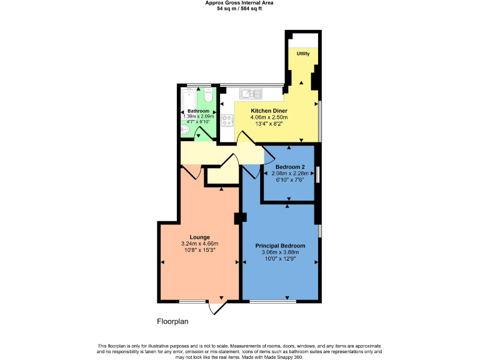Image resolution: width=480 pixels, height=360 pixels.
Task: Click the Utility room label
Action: coord(303,54)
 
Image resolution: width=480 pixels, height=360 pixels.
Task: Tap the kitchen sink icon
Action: coord(251,94)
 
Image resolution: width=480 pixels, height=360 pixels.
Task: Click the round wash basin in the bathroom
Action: coord(186,129)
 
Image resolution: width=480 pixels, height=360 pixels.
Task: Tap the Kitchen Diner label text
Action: coord(269,111)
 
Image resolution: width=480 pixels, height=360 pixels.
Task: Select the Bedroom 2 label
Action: coord(290,167)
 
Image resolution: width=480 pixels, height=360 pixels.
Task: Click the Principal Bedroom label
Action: coord(280,246)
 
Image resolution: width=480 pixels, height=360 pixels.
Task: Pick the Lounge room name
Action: coord(200,237)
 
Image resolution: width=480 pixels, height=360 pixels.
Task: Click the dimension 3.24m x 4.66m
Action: coord(200,243)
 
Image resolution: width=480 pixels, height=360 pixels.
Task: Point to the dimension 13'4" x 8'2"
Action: coord(269,123)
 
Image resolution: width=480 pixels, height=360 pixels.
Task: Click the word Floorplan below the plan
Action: coord(172,321)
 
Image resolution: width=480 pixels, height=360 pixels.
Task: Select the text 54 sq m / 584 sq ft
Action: coord(239,8)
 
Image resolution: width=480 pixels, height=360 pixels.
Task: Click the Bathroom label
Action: coord(198,111)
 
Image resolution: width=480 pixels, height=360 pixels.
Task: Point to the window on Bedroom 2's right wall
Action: coord(319,174)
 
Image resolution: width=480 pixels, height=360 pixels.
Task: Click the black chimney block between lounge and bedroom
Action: coord(240,218)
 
